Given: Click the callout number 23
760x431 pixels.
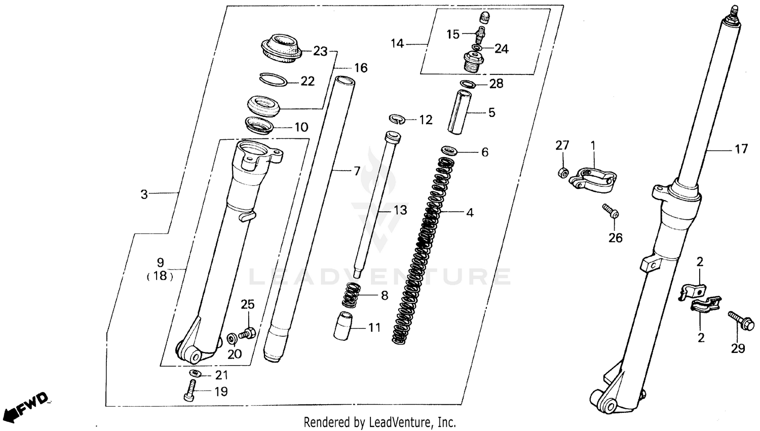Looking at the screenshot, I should (320, 51).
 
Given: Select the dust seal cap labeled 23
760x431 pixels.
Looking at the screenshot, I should (281, 48).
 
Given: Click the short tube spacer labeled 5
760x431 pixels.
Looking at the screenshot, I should (460, 112).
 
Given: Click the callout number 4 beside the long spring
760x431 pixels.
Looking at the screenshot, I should (470, 213).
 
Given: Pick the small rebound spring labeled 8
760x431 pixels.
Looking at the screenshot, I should (351, 295).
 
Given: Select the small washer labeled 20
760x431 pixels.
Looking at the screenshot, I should (232, 337).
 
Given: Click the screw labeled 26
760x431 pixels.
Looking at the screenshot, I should (610, 211).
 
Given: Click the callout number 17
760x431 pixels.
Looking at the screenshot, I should (741, 149).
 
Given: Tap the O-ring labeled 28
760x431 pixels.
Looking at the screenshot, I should (467, 83).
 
